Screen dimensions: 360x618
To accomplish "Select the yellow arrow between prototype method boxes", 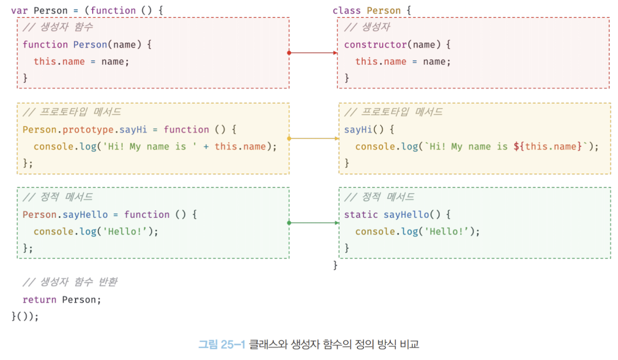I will click(314, 138).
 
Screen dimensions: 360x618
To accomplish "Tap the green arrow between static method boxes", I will click(314, 222).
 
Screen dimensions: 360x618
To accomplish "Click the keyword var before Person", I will click(19, 11).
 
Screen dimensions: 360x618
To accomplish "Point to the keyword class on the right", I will click(347, 11).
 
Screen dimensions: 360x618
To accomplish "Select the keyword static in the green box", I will click(361, 214).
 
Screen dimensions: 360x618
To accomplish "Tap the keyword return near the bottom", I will click(40, 299).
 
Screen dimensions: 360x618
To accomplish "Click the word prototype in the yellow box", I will click(87, 130).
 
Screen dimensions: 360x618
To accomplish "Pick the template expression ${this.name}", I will click(547, 146).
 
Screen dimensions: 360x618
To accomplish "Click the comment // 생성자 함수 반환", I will click(70, 282).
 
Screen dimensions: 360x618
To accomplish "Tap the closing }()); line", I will click(25, 316).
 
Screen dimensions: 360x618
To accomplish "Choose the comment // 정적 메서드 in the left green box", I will click(57, 197).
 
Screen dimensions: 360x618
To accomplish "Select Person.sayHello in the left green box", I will click(65, 214).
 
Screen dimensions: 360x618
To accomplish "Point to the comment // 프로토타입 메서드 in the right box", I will click(393, 112).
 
